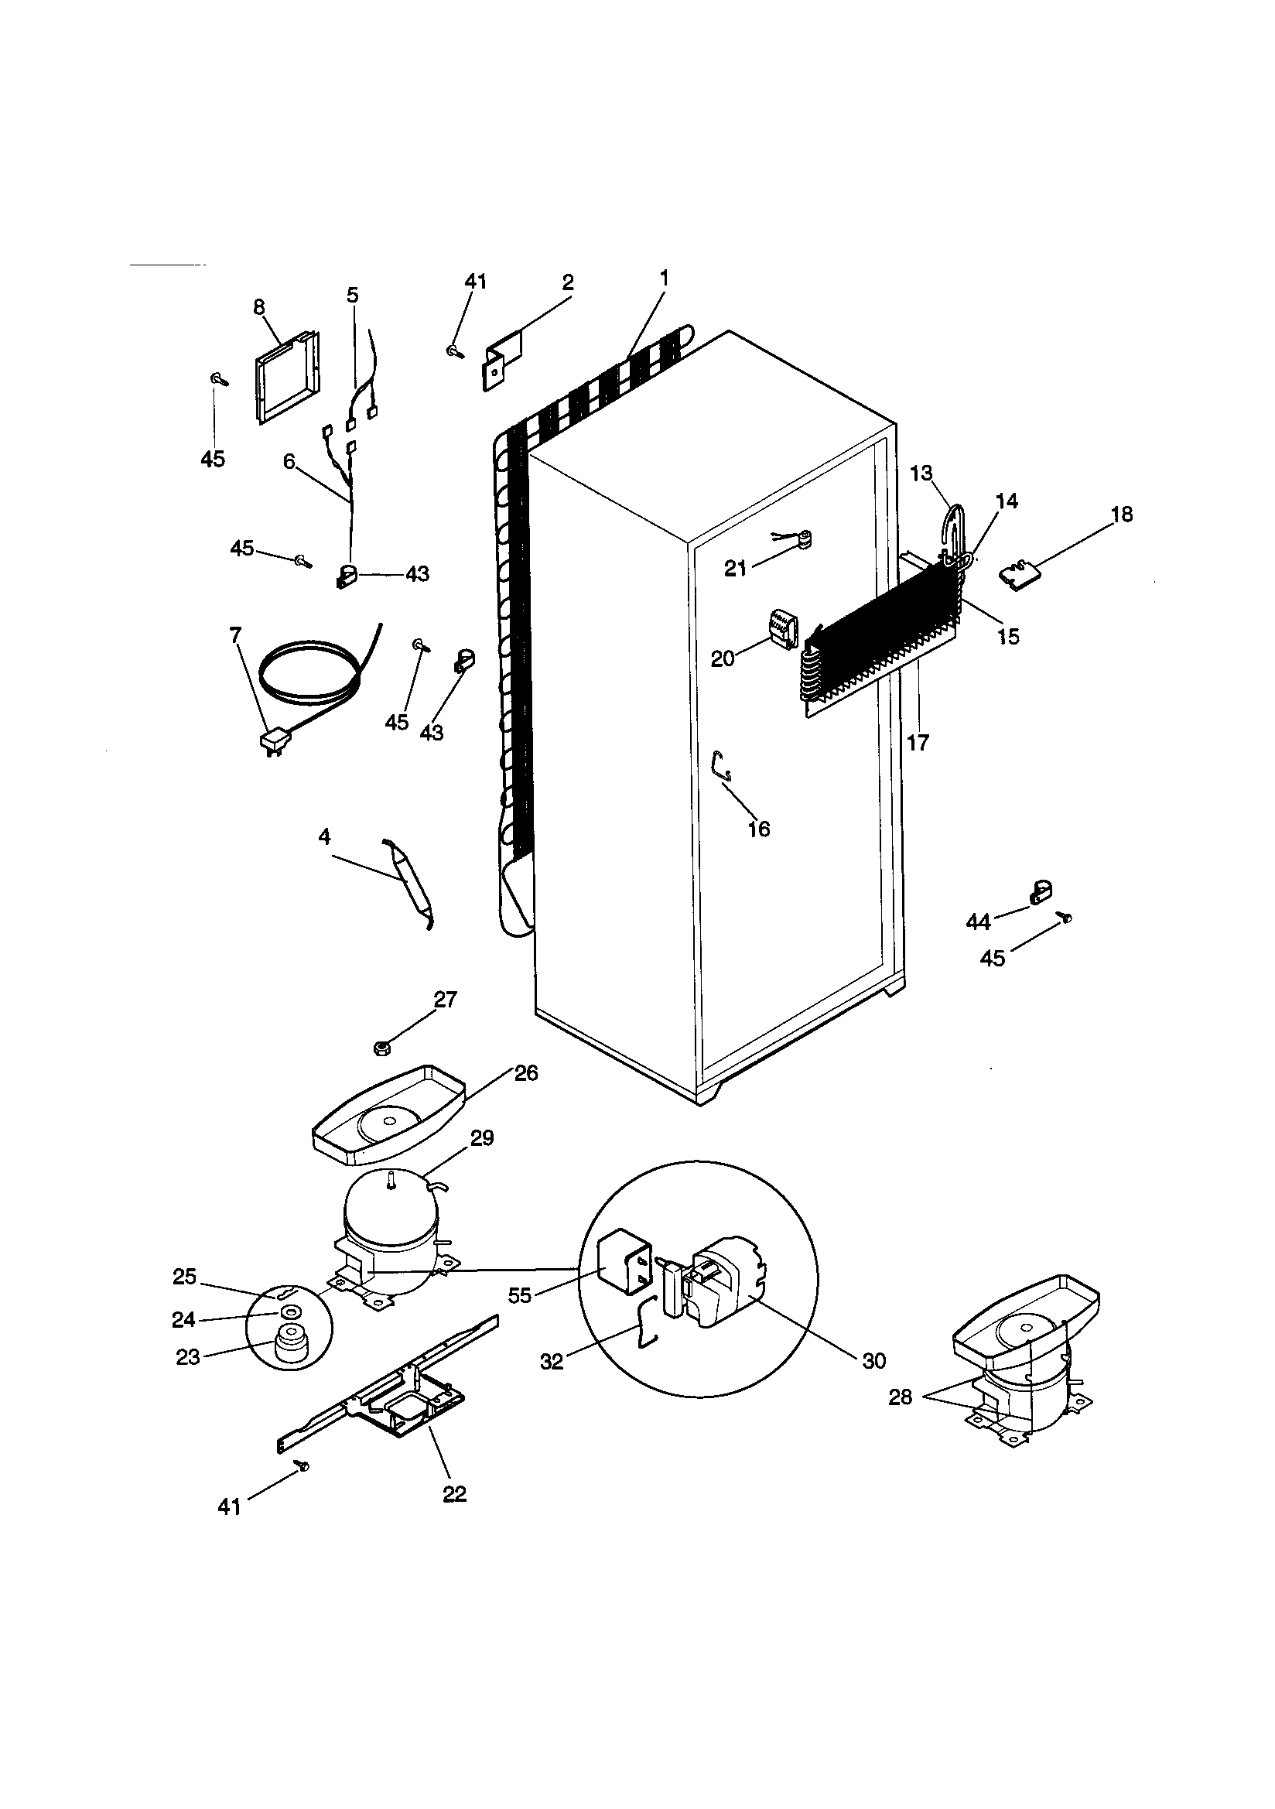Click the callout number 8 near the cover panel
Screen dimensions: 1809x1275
point(259,307)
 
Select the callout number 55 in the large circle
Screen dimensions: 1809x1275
point(520,1295)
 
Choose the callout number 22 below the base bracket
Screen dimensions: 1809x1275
point(455,1493)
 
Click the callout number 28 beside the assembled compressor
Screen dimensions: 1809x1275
point(900,1397)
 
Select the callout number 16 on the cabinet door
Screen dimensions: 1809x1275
point(758,829)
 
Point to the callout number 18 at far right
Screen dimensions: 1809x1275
point(1121,515)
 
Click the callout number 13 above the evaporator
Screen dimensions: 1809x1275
point(921,474)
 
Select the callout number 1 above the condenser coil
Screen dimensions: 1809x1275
point(664,278)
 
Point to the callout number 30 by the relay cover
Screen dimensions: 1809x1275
point(875,1361)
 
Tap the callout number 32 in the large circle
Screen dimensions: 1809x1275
point(552,1362)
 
